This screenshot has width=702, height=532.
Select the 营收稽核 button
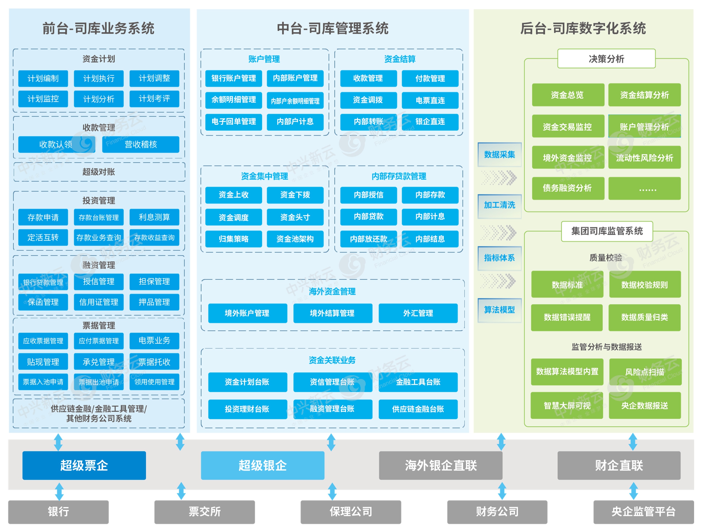coord(141,144)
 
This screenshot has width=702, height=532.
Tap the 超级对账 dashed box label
coord(99,172)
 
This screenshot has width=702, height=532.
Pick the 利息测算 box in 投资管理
coord(154,217)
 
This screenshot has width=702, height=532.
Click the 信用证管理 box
coord(99,302)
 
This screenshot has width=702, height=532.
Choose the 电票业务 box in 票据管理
coord(154,341)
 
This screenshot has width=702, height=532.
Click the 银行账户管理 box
coord(234,78)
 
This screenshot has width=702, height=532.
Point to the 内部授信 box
coord(369,195)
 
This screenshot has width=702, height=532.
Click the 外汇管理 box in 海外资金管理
coord(418,313)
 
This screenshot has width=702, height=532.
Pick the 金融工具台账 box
coord(418,382)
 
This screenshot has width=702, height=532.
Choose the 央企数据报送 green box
coord(644,406)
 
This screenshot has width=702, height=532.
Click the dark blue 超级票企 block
coord(84,465)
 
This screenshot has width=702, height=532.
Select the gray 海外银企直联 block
coord(440,465)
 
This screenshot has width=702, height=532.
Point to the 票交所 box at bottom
coord(204,511)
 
